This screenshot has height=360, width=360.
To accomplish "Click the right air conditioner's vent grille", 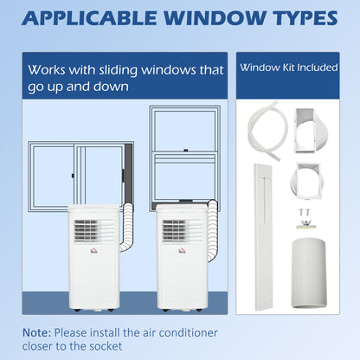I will [175, 230].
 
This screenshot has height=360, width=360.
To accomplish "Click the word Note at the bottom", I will [39, 331].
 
